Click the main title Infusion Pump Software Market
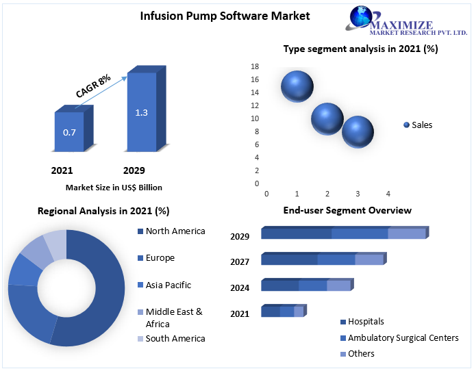[x=215, y=16]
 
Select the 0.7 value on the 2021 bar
[x=69, y=132]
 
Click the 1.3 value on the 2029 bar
[x=141, y=112]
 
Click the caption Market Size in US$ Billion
[x=114, y=187]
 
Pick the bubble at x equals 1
[x=297, y=86]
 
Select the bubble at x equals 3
[x=358, y=132]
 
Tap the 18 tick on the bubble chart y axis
[x=255, y=66]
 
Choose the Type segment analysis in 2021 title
[x=360, y=49]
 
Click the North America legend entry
[x=175, y=231]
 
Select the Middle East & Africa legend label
[x=174, y=318]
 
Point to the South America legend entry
[x=175, y=338]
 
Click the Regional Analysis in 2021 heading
[x=103, y=211]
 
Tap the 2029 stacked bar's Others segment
[x=407, y=234]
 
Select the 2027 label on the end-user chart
[x=240, y=261]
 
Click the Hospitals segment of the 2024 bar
[x=280, y=285]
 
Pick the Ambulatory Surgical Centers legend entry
[x=402, y=337]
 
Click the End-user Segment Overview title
[x=347, y=210]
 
